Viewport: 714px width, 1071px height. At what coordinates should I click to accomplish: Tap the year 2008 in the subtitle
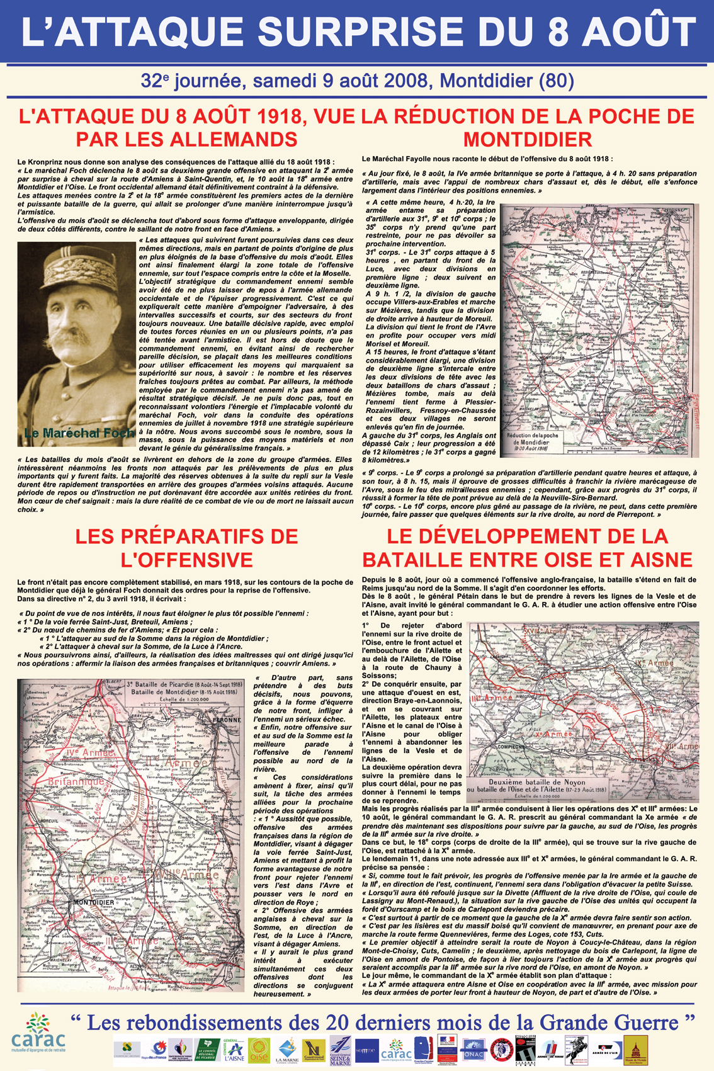coord(405,81)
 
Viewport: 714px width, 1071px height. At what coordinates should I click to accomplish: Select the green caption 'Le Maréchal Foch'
coord(79,433)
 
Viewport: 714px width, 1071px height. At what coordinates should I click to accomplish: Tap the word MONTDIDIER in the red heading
coord(528,139)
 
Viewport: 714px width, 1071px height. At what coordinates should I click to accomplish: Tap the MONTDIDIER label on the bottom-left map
coord(94,902)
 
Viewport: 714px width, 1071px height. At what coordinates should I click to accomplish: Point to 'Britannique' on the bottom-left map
coord(76,781)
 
